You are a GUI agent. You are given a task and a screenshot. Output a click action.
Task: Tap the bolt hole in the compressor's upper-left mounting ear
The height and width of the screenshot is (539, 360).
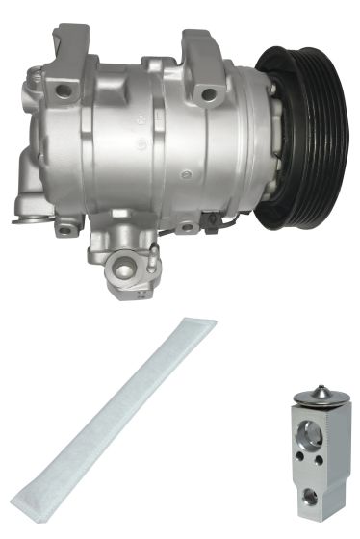(x=64, y=91)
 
